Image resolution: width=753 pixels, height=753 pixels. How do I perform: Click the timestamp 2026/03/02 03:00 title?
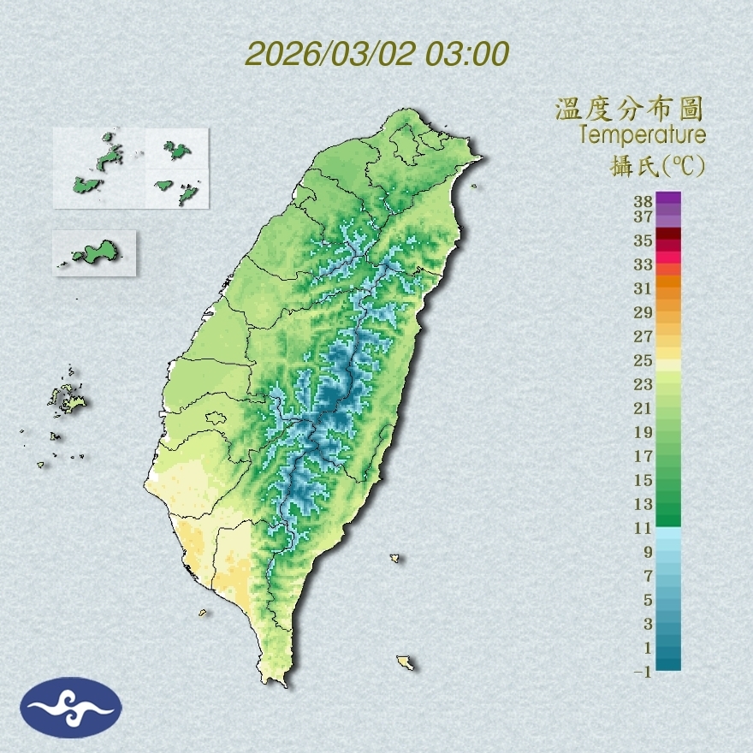pos(376,54)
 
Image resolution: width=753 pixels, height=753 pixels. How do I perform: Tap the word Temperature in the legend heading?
pos(642,135)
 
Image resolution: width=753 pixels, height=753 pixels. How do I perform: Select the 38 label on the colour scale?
pos(643,202)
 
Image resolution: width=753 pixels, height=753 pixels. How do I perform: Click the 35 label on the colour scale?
pos(643,240)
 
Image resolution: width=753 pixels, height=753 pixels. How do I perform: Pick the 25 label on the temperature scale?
pos(643,359)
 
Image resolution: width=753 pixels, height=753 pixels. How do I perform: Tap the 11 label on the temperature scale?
pos(643,528)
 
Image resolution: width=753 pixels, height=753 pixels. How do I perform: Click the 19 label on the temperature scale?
pos(643,431)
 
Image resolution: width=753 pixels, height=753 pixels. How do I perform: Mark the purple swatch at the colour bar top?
pos(668,199)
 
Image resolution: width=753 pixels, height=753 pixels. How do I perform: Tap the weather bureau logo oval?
pos(71,708)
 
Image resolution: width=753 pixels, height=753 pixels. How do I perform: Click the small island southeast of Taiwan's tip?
pos(406,662)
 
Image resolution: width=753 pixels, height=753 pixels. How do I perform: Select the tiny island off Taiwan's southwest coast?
pos(204,612)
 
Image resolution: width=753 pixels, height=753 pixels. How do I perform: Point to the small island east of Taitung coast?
pos(395,559)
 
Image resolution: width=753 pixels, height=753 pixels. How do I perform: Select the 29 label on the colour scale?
pos(643,311)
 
